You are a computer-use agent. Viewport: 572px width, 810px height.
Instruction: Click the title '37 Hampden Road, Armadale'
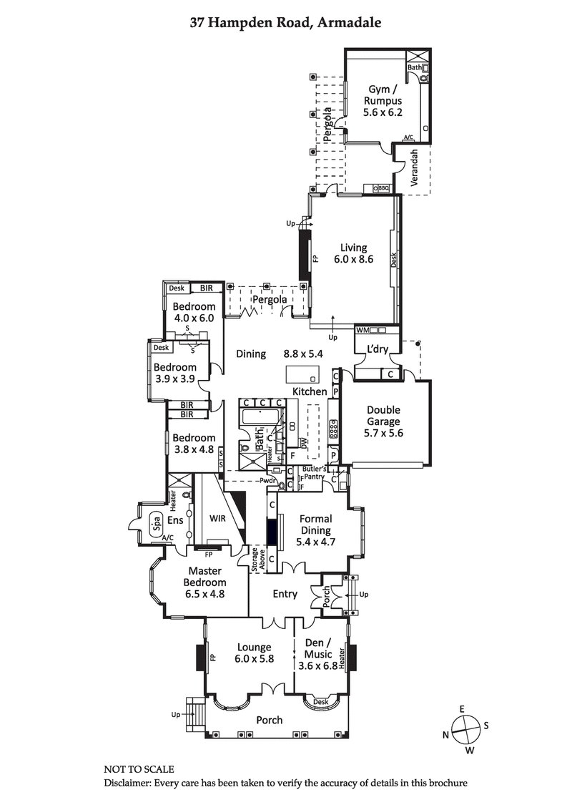coord(285,22)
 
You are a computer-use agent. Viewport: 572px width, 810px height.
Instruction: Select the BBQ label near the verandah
coord(383,188)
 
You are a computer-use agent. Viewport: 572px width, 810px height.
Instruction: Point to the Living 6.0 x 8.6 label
coord(353,253)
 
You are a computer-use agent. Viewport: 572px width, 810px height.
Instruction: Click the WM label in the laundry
coord(363,331)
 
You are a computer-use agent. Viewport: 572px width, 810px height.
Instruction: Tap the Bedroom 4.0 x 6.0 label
coord(194,313)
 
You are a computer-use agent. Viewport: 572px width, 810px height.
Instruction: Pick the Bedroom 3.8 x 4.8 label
coord(194,444)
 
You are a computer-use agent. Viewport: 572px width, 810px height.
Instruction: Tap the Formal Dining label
coord(315,530)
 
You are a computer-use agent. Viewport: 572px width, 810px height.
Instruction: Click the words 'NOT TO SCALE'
coord(139,769)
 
